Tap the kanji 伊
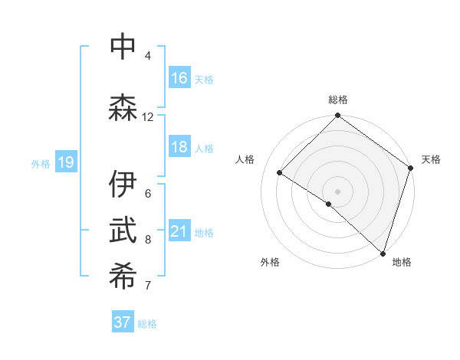click(123, 185)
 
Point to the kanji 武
click(123, 231)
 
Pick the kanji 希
click(123, 277)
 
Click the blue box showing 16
click(179, 78)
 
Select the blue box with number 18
click(179, 148)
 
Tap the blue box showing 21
click(179, 231)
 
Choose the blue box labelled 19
click(65, 162)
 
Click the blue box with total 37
click(123, 322)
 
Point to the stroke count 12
click(147, 116)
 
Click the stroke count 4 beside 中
click(148, 55)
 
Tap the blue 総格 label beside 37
click(148, 324)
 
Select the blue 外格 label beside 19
click(41, 163)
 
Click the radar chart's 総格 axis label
click(338, 100)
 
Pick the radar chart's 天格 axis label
click(431, 159)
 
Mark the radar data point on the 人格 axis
click(280, 173)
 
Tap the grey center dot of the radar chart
click(337, 191)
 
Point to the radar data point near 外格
click(328, 204)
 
